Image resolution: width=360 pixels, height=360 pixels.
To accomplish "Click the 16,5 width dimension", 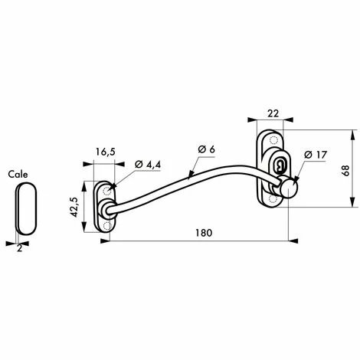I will (x=105, y=152).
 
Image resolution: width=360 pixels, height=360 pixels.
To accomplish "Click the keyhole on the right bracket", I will (x=277, y=165).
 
